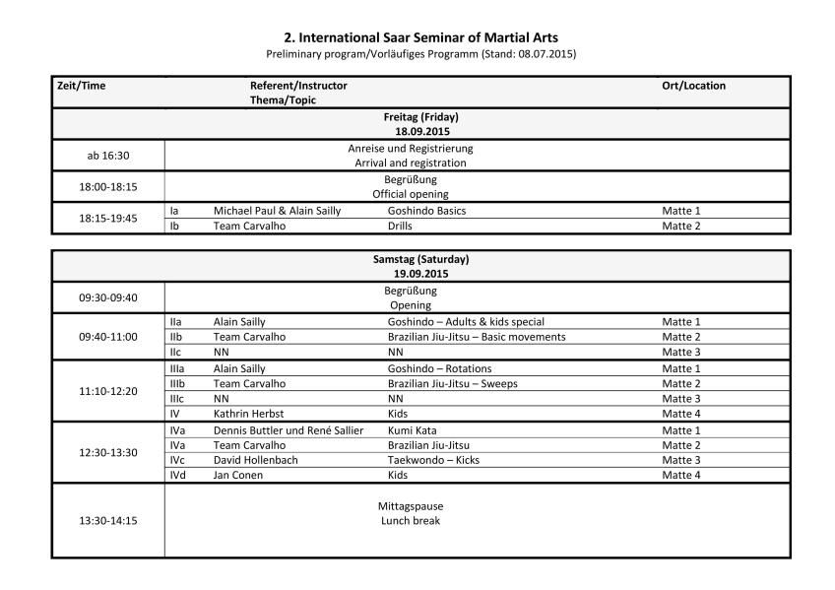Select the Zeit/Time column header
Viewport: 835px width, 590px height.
point(81,86)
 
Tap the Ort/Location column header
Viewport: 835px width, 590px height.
point(693,86)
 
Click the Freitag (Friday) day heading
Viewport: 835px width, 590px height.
point(420,116)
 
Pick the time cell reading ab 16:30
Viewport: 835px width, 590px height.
point(108,156)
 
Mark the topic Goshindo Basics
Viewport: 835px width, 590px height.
point(426,211)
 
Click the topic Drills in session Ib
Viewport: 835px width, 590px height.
point(402,226)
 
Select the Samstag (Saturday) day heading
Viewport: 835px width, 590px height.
point(420,259)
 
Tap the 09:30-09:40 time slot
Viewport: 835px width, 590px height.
point(108,297)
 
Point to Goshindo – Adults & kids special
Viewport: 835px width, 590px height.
point(466,322)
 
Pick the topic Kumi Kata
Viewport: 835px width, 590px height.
point(412,429)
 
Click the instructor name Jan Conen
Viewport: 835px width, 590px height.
point(238,475)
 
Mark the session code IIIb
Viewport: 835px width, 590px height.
point(178,383)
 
